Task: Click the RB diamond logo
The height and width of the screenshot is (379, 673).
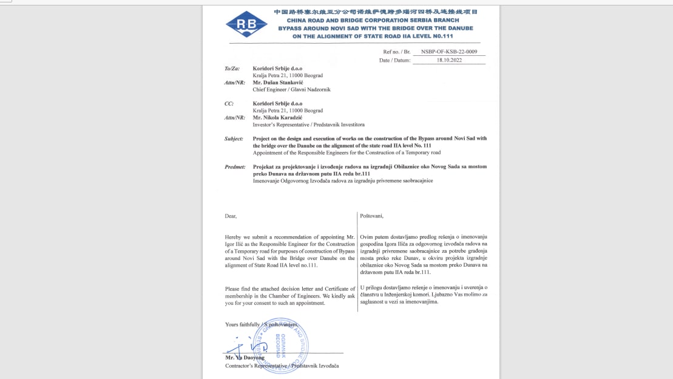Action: (246, 24)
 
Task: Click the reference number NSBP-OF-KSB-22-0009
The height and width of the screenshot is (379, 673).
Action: (448, 52)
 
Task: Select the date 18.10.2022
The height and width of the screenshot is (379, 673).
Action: (449, 60)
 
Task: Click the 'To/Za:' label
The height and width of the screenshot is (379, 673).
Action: (233, 69)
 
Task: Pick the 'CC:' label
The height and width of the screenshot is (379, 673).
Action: (229, 104)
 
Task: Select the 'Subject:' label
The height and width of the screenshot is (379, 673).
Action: (234, 139)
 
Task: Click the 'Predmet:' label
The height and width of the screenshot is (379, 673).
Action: (235, 166)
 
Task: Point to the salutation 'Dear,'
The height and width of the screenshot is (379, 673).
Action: (231, 216)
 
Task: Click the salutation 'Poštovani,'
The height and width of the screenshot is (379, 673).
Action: (372, 216)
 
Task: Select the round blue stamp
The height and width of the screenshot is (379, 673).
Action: (283, 344)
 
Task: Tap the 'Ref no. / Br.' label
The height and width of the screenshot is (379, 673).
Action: (397, 52)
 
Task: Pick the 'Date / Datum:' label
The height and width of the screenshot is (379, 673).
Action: (395, 60)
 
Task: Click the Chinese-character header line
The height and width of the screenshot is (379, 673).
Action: (376, 12)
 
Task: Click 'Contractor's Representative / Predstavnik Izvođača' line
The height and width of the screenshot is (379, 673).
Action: (282, 366)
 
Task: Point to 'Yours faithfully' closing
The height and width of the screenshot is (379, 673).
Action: (243, 324)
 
